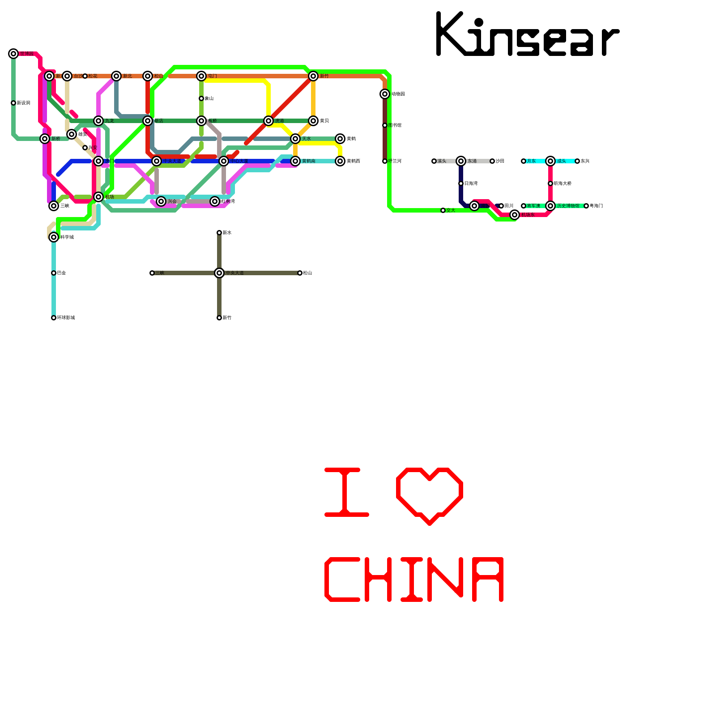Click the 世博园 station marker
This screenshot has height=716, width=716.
pos(13,54)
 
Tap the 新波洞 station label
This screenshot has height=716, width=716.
pos(23,103)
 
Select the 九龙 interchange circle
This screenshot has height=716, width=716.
pos(98,121)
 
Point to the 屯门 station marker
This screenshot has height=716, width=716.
pos(201,76)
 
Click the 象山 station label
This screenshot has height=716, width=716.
pos(209,98)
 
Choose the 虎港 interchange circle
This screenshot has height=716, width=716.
pos(268,121)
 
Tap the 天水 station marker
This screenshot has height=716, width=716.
pos(295,139)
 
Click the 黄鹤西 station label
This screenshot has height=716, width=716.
pos(353,161)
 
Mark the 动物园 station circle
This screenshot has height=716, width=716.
pos(385,94)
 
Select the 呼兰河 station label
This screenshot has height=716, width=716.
pos(395,161)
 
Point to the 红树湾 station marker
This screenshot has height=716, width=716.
pos(215,201)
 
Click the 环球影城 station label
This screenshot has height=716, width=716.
pos(66,318)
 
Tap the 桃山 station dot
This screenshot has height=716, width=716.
pos(300,273)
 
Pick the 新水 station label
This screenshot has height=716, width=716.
pos(227,233)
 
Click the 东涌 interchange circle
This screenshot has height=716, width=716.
pos(461,161)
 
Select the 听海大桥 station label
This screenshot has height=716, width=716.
pos(563,183)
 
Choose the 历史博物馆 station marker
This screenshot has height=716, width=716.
pos(550,206)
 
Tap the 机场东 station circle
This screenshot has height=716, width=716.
pos(515,215)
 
